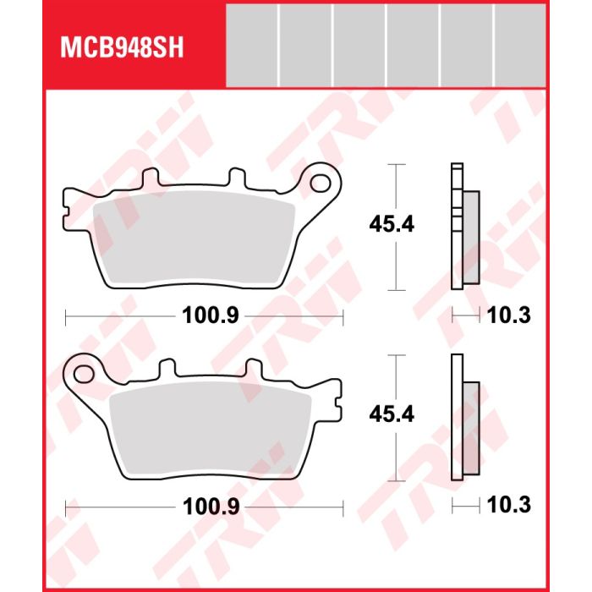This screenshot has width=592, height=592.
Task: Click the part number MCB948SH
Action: tap(122, 47)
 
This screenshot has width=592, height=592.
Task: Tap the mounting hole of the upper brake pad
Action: tap(320, 184)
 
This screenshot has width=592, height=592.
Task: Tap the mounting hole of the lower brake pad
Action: tap(84, 374)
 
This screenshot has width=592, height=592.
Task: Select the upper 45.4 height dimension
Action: tap(392, 224)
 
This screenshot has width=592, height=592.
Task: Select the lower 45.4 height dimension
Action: tap(392, 414)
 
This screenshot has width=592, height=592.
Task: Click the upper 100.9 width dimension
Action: tap(211, 315)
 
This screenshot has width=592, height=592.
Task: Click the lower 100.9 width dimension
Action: tap(211, 507)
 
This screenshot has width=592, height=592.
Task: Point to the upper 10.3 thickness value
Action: tap(509, 315)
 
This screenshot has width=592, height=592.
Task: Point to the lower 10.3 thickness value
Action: tap(509, 504)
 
